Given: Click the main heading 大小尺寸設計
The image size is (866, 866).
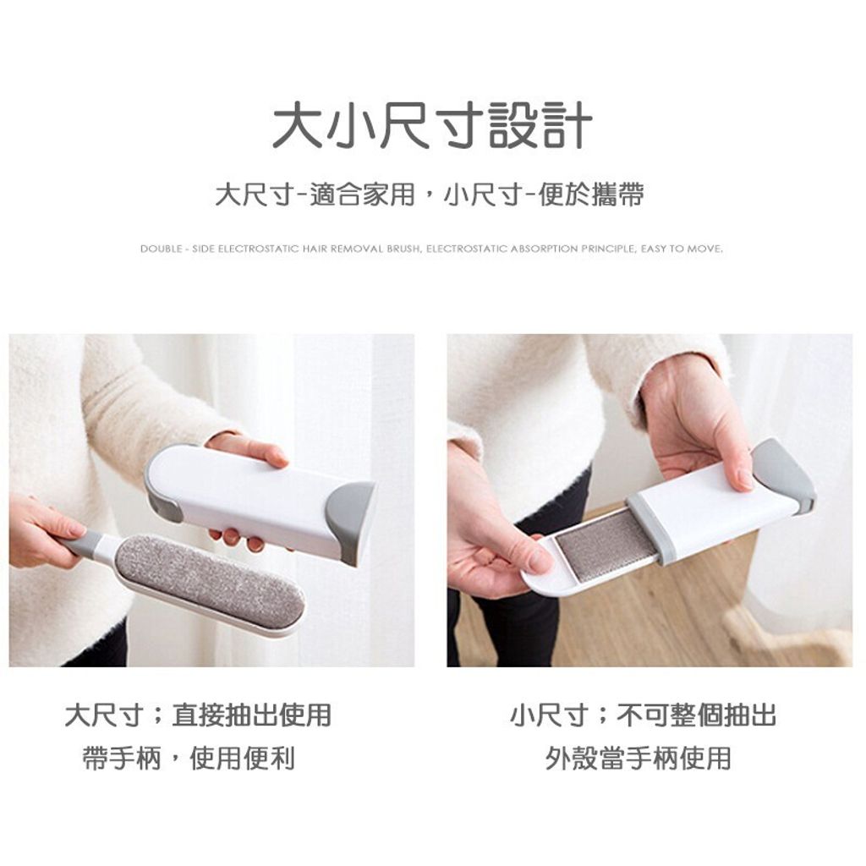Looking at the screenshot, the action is click(x=432, y=126).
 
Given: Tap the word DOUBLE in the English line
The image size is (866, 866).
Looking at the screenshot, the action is click(x=160, y=249).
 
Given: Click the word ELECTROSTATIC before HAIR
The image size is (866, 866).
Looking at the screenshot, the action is click(x=259, y=249).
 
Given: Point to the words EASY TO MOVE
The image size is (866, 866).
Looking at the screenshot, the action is click(x=682, y=249).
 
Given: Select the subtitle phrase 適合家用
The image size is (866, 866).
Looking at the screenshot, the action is click(x=362, y=195).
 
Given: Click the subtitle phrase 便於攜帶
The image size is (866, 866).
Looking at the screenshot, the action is click(x=591, y=195).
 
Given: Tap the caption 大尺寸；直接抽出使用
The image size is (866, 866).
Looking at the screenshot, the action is click(x=198, y=715).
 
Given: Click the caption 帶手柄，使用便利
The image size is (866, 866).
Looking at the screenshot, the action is click(x=189, y=758).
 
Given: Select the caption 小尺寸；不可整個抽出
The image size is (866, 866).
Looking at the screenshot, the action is click(x=644, y=715).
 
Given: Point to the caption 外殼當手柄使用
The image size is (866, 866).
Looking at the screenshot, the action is click(x=639, y=758).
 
